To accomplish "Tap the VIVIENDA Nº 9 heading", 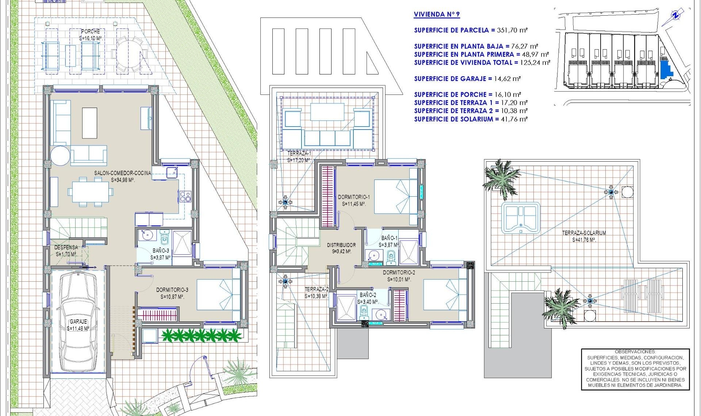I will (x=436, y=15).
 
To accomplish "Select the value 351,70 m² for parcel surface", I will (x=512, y=30).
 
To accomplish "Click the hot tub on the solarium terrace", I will (x=520, y=218).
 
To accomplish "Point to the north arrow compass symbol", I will (x=676, y=15).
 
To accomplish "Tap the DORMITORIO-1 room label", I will (x=353, y=197).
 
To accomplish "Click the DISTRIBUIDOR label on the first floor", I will (x=341, y=245).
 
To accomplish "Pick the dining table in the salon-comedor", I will (x=90, y=192).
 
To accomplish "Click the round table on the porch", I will (x=128, y=55).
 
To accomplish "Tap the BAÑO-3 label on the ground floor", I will (x=161, y=251).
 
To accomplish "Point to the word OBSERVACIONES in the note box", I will (x=635, y=352).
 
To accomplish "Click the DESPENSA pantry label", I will (x=66, y=247).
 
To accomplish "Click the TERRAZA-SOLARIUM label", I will (x=584, y=233).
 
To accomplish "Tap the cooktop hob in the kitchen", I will (x=185, y=196).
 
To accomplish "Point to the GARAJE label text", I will (x=78, y=321).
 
